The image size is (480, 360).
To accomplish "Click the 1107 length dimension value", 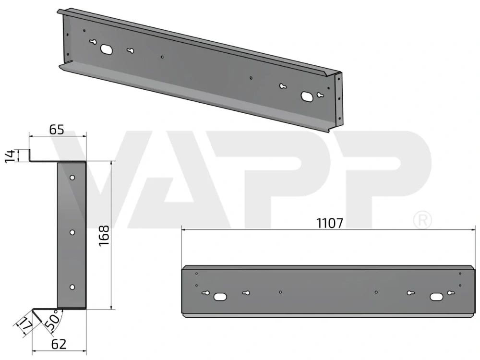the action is pyautogui.click(x=330, y=223).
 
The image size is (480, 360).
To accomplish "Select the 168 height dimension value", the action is pyautogui.click(x=104, y=235).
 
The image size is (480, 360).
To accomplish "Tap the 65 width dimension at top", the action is pyautogui.click(x=57, y=130).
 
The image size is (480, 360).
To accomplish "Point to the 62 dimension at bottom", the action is pyautogui.click(x=59, y=344).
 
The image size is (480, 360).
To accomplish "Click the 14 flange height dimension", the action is pyautogui.click(x=11, y=156).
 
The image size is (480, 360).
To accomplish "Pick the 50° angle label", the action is pyautogui.click(x=51, y=320).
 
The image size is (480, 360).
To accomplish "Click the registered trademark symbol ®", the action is pyautogui.click(x=422, y=220).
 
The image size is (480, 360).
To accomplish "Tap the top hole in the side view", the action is pyautogui.click(x=72, y=178).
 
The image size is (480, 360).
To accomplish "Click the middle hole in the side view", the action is pyautogui.click(x=72, y=232).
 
